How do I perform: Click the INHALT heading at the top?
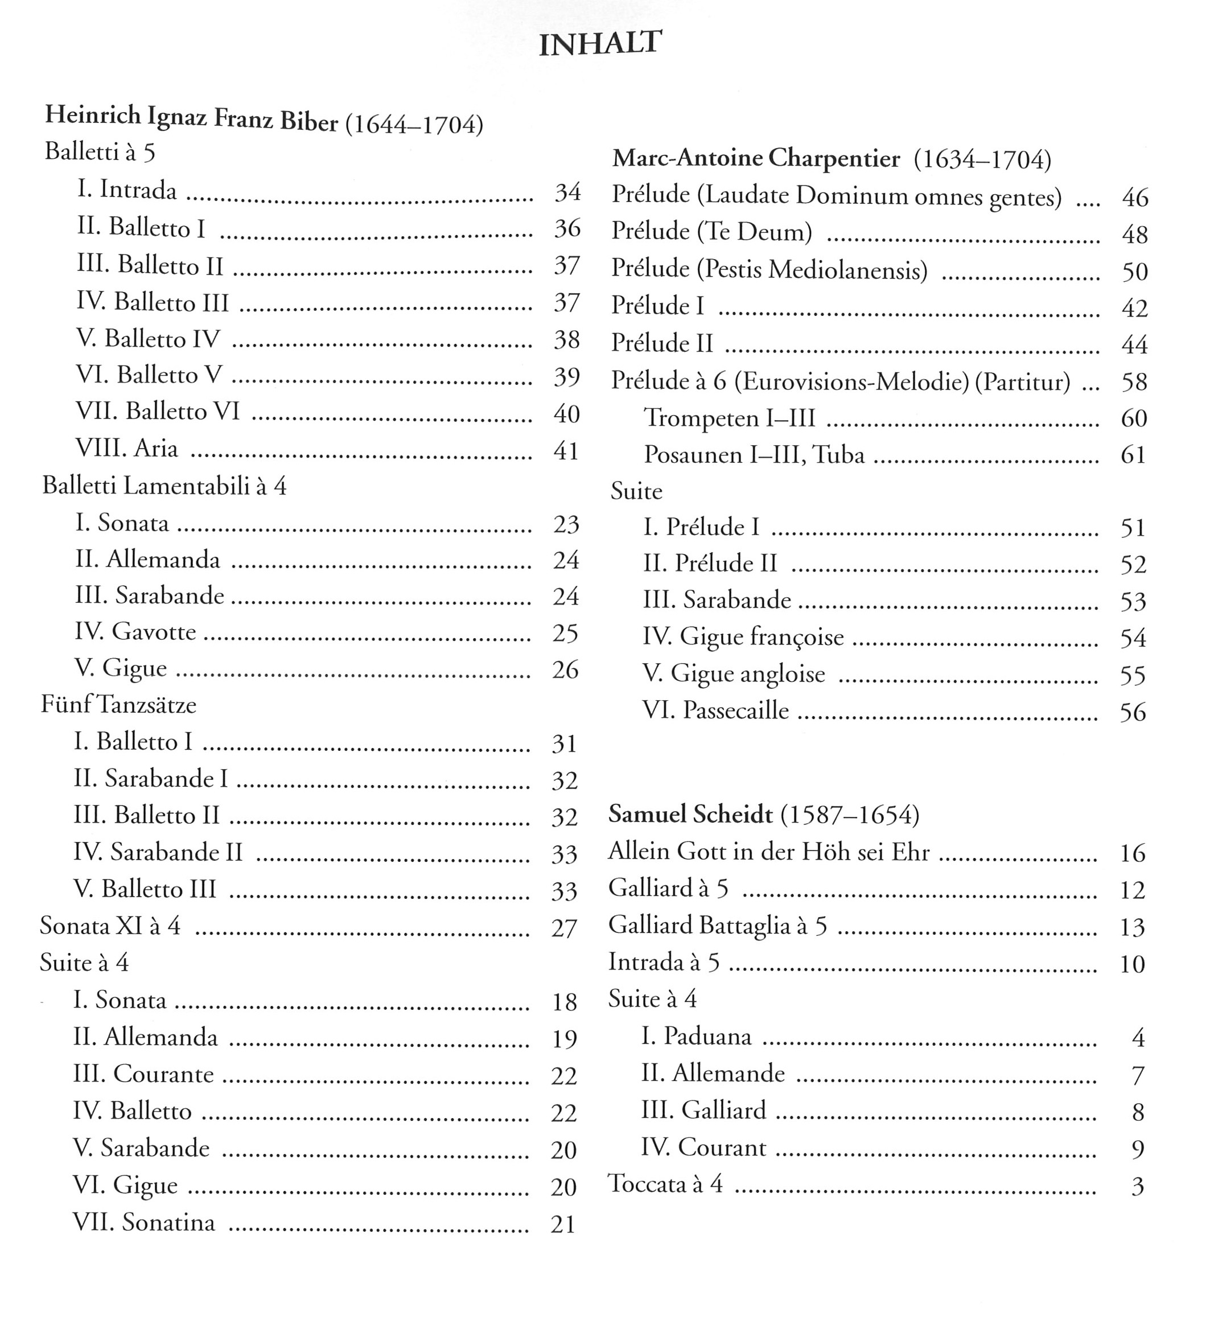pos(599,44)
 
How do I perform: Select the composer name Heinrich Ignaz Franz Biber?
pos(191,118)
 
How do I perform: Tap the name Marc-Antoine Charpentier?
pos(755,158)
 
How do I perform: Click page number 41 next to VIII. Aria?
pos(566,451)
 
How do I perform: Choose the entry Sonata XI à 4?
pos(110,926)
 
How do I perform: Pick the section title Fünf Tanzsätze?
pos(119,705)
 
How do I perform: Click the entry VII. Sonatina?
pos(144,1222)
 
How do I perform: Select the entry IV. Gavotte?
pos(135,631)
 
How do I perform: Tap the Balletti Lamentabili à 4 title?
pos(164,486)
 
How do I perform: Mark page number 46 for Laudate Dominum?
pos(1135,198)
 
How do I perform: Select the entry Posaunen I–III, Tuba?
pos(754,455)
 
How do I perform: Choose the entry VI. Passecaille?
pos(715,710)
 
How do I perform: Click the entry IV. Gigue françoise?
pos(743,637)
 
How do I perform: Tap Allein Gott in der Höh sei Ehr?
pos(768,852)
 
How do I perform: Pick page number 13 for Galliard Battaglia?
pos(1133,927)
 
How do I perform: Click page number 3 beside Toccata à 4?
pos(1138,1186)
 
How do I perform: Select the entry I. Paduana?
pos(696,1037)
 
